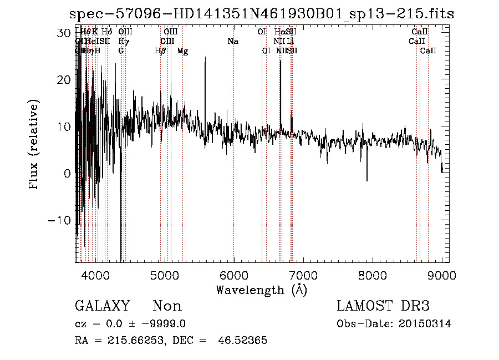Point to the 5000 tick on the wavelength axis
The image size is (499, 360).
tap(164, 274)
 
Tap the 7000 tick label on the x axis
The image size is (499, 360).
tap(303, 274)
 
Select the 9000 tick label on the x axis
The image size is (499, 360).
tap(442, 274)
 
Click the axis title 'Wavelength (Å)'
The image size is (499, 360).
tap(261, 290)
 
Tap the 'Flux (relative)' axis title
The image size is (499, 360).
tap(35, 146)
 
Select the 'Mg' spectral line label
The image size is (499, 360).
tap(182, 51)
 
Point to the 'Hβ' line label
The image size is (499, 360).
tap(160, 51)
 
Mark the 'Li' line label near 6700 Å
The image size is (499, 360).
tap(291, 42)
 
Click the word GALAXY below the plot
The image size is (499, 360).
tap(103, 306)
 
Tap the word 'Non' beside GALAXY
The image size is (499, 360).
tap(167, 306)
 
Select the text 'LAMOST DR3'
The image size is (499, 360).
tap(383, 306)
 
